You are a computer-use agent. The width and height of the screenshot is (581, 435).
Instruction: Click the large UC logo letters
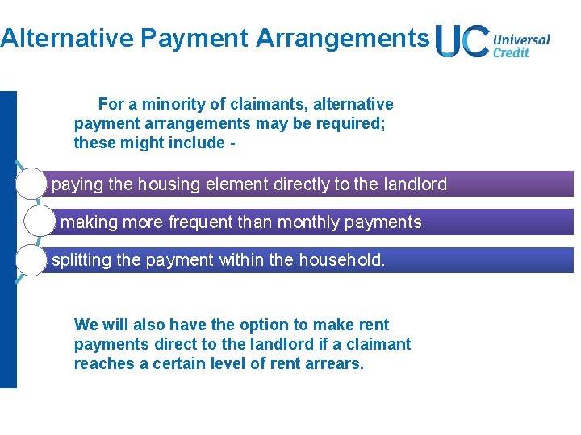[461, 41]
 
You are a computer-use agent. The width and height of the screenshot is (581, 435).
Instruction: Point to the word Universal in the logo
[521, 39]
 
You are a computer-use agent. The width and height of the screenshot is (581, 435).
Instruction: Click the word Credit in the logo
[511, 52]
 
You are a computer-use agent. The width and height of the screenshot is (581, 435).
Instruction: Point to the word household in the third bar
[341, 260]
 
